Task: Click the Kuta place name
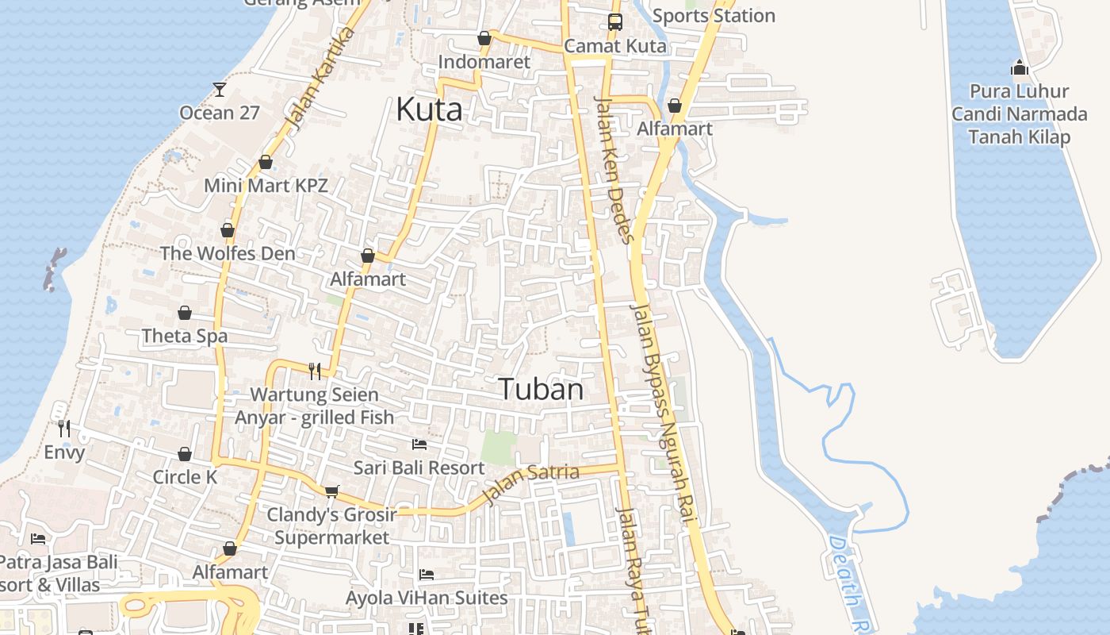[429, 110]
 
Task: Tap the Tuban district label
[541, 389]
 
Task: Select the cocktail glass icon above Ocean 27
[220, 90]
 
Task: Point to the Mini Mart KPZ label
[266, 186]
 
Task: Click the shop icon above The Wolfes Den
[228, 230]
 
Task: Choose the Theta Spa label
[185, 336]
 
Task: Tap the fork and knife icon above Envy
[64, 429]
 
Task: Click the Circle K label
[185, 477]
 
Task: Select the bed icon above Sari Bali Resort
[419, 444]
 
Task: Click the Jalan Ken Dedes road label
[614, 170]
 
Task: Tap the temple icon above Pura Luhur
[1020, 67]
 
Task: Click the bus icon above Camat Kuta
[615, 22]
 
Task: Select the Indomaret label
[484, 62]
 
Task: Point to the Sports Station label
[714, 16]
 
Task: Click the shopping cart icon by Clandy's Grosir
[331, 491]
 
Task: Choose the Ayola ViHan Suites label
[427, 598]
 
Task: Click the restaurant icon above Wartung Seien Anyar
[315, 371]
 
